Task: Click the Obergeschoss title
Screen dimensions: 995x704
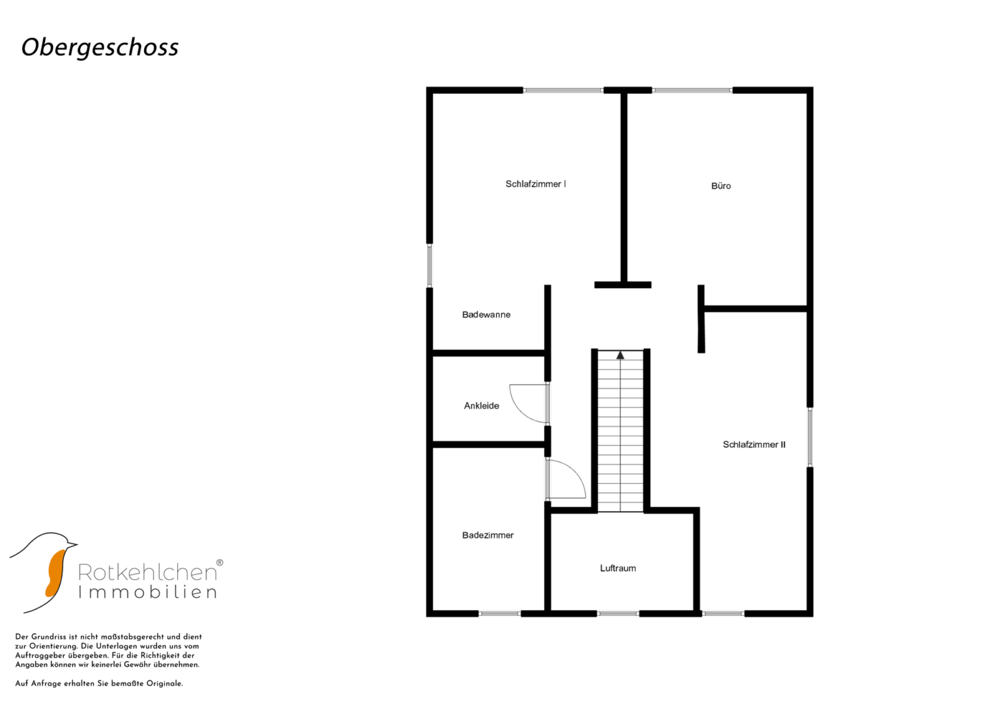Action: point(100,48)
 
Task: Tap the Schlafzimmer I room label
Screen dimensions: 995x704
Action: point(536,184)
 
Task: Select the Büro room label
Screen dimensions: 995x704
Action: point(721,186)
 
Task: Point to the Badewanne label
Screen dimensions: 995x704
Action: point(486,315)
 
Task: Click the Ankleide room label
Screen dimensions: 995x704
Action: point(482,405)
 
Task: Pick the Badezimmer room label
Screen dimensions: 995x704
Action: point(488,535)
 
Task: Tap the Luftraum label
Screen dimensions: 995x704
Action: point(618,568)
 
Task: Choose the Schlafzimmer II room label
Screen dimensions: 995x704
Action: point(754,445)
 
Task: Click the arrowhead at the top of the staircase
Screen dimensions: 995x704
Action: point(620,355)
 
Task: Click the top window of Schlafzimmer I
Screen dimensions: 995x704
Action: point(563,90)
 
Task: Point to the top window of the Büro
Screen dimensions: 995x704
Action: point(692,90)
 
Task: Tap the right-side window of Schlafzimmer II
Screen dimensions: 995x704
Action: point(810,437)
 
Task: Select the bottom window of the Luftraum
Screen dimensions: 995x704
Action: point(618,614)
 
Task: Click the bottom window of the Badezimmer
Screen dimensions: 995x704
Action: point(500,614)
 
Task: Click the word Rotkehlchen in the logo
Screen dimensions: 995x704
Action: point(147,572)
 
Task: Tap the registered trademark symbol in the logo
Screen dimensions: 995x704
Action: point(220,563)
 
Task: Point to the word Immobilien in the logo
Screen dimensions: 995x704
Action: point(147,593)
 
